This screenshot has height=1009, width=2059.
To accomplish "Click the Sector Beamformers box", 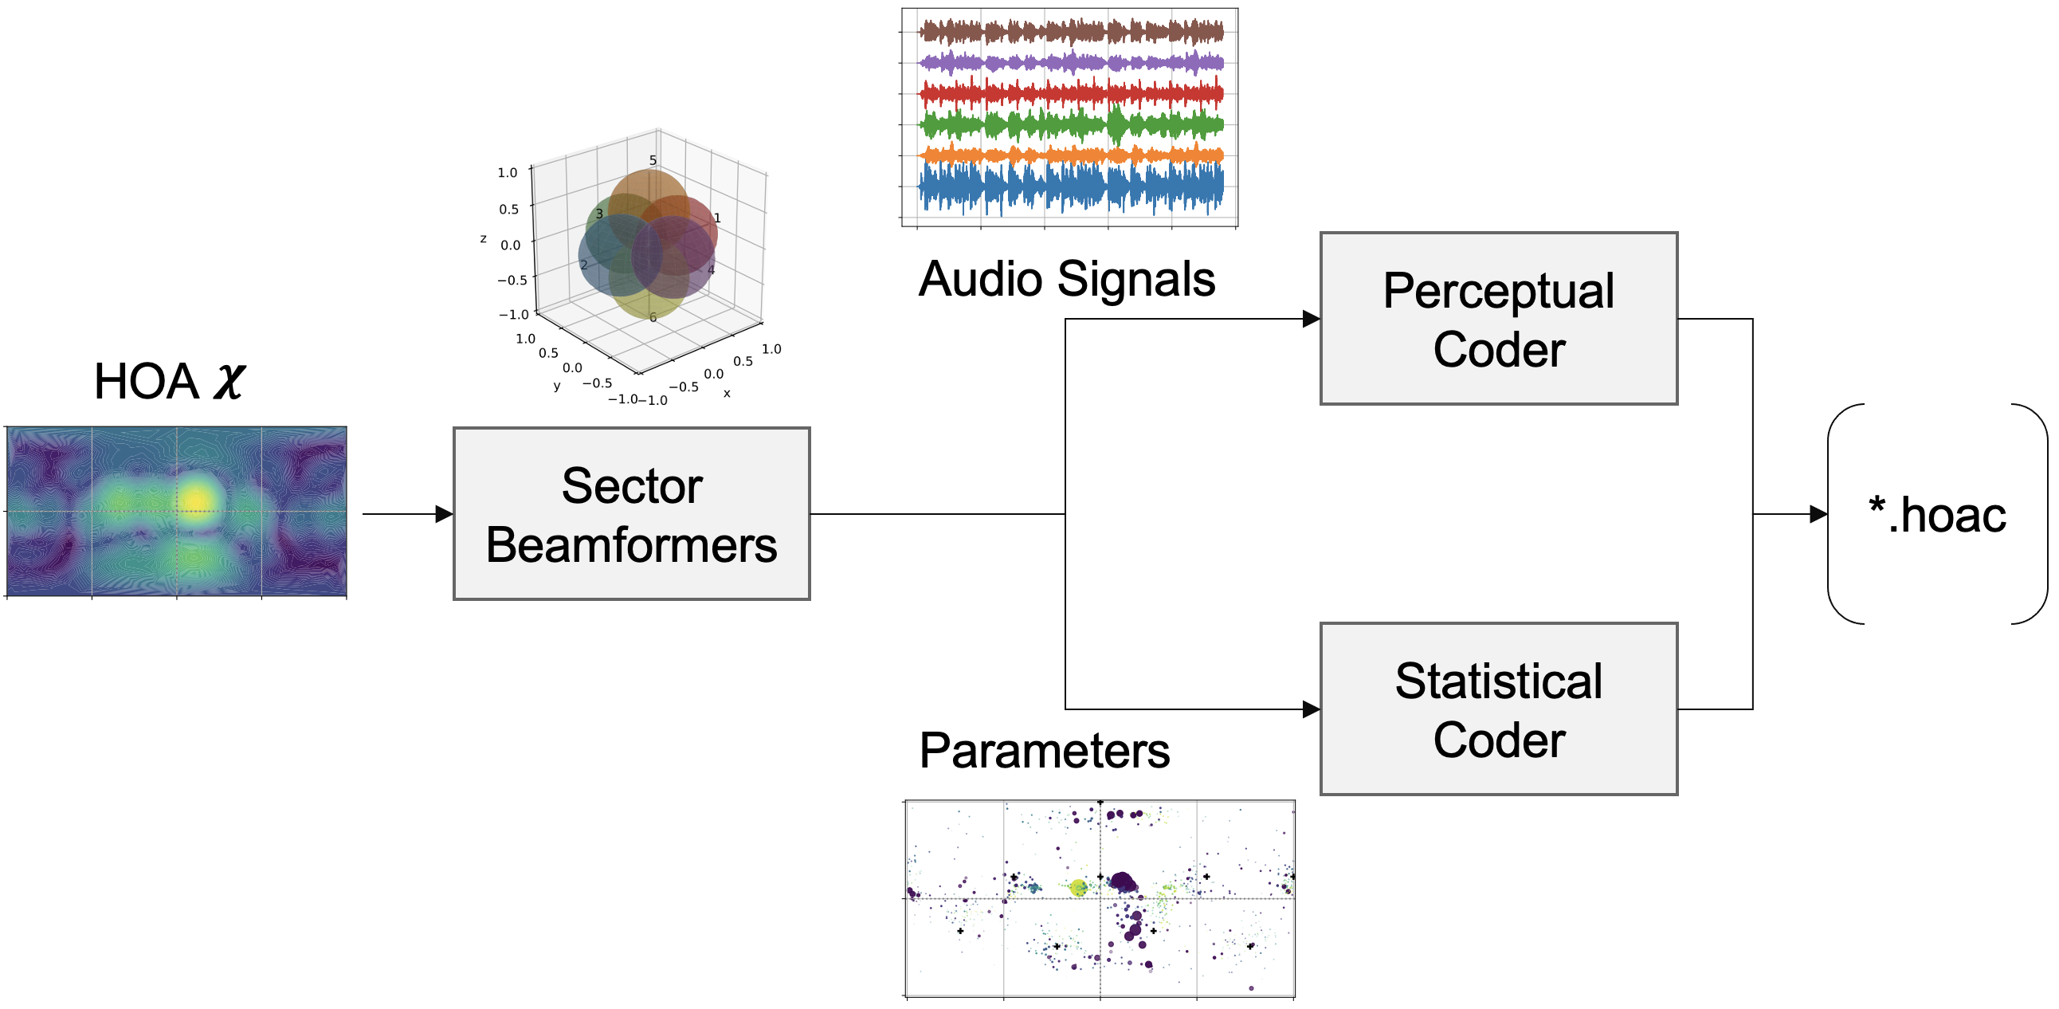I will (x=631, y=514).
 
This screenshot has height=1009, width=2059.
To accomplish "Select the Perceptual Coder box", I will (x=1498, y=319).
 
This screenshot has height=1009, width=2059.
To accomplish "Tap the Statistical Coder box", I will (x=1498, y=709).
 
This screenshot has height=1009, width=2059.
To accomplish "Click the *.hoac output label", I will (x=1937, y=514).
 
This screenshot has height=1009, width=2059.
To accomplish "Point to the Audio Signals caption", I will (x=1066, y=279).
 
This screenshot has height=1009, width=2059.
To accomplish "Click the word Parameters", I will (x=1044, y=751).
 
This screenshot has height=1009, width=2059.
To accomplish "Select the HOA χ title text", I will (x=170, y=381).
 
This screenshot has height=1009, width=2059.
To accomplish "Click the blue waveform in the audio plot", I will (x=1071, y=189).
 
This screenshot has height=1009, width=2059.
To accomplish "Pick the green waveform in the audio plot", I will (x=1071, y=125).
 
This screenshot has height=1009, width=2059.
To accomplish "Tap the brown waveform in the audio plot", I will (x=1071, y=32).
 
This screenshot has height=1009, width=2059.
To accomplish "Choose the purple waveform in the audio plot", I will (x=1071, y=62).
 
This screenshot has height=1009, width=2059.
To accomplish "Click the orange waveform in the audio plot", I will (x=1071, y=155).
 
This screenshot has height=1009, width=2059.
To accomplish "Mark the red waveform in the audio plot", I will (x=1071, y=94).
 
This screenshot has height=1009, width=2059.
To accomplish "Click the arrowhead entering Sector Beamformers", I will (x=445, y=514).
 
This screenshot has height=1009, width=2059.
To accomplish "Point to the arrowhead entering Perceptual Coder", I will (x=1311, y=319).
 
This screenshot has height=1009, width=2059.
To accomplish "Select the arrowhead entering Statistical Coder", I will (x=1311, y=709).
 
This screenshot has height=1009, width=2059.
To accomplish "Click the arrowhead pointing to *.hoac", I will (x=1818, y=514).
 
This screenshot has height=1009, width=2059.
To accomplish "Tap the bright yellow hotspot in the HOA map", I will (x=195, y=499).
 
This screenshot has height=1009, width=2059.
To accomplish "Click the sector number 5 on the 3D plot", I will (x=653, y=160).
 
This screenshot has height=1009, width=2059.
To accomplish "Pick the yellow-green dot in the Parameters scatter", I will (x=1077, y=888).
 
